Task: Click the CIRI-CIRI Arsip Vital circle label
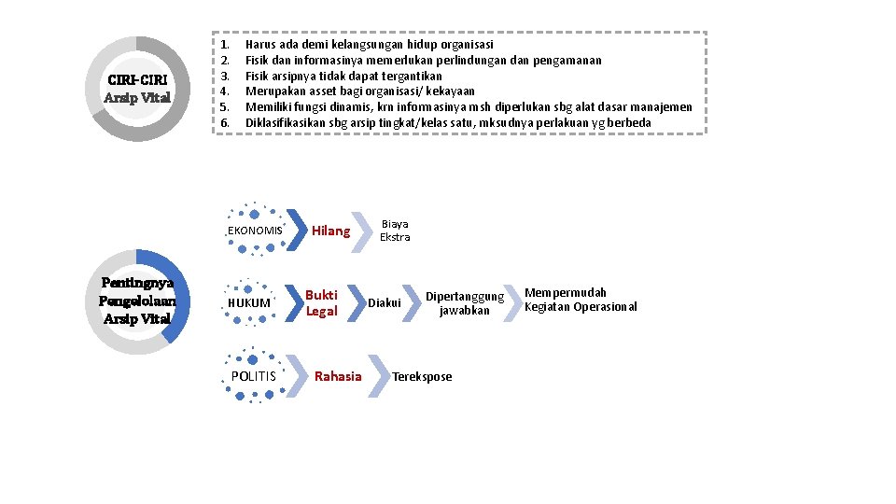pos(136,88)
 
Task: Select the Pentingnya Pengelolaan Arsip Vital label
pos(136,301)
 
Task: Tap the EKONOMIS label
pos(254,231)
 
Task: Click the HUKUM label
pos(249,303)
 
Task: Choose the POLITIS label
pos(254,376)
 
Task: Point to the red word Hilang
pos(330,231)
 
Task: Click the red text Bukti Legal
pos(322,302)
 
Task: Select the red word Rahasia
pos(338,376)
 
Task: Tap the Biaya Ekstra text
pos(395,231)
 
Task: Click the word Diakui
pos(385,302)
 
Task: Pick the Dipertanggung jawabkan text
pos(464,303)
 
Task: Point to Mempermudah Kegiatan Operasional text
pos(580,300)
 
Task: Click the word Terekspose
pos(422,376)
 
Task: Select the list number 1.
pos(225,44)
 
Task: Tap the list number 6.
pos(225,122)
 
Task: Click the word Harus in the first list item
pos(259,44)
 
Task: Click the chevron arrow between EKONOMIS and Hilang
pos(296,230)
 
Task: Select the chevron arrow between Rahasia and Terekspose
pos(379,376)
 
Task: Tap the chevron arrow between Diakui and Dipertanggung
pos(412,302)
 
